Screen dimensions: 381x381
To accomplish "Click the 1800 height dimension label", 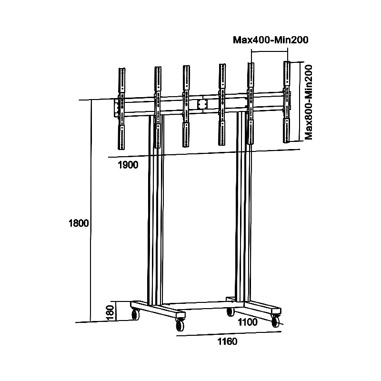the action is pos(79,223).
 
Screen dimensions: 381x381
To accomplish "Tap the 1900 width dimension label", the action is pos(128,165).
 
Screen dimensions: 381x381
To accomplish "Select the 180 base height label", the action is pos(110,312).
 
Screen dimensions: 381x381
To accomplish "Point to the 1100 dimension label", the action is pos(248,322).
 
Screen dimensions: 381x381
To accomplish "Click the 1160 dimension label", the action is pos(227,341).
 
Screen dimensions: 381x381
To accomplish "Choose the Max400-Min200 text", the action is pos(271,40).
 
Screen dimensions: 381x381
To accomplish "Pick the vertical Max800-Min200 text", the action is pos(308,102).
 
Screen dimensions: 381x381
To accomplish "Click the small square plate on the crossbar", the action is pos(202,104).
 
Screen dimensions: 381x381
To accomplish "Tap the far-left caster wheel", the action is pos(135,314).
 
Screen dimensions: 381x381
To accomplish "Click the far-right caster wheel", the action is pos(276,321).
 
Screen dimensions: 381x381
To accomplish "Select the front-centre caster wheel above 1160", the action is pos(180,325).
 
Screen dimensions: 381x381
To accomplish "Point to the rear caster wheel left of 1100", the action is pos(231,311).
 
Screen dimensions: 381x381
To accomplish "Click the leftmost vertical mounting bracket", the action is pos(121,109).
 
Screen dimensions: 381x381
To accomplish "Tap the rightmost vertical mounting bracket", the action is pos(287,102).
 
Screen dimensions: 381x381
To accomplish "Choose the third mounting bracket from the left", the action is pos(186,106).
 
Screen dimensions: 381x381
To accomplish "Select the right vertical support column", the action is pos(243,207).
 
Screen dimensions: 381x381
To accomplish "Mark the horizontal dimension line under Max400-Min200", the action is pos(270,51).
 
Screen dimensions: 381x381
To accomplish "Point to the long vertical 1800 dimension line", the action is pos(91,211).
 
